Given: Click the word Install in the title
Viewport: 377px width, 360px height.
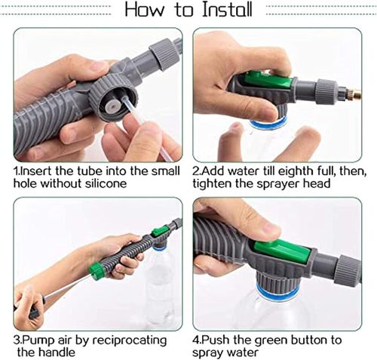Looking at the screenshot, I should tap(225, 11).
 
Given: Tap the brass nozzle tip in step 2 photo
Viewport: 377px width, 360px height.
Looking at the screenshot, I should tap(351, 94).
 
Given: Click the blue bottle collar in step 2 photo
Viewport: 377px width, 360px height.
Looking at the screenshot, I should tap(268, 122).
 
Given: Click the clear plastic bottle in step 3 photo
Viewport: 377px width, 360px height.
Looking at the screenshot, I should tap(159, 283).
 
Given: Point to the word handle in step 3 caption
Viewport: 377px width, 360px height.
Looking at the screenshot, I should tap(77, 352).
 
